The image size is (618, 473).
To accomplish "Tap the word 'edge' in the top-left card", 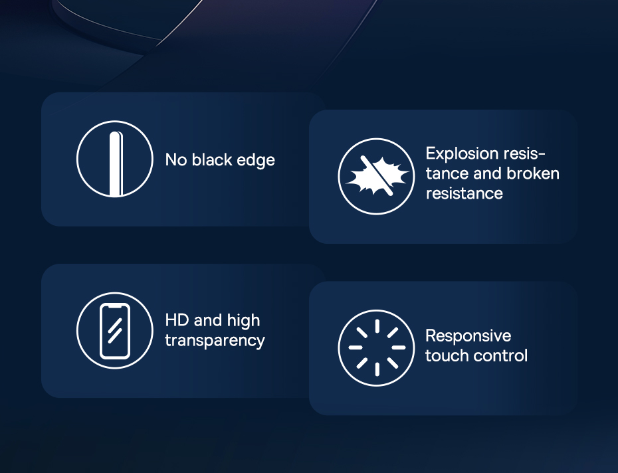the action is click(x=256, y=161).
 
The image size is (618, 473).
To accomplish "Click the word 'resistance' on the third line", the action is click(x=464, y=193).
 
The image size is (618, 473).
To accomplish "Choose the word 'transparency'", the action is click(x=215, y=341).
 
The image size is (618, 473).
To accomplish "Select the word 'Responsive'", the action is click(x=468, y=336).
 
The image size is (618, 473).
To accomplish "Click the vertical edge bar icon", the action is click(x=116, y=164).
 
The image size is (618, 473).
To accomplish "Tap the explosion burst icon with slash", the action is click(x=376, y=176).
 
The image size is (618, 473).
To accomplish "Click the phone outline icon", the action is click(x=115, y=331).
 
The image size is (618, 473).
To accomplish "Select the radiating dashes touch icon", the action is click(x=377, y=347).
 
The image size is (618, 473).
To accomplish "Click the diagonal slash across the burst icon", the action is click(x=376, y=175).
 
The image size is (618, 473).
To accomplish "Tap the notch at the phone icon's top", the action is click(x=115, y=306).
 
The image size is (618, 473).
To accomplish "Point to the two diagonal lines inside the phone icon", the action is click(x=115, y=331).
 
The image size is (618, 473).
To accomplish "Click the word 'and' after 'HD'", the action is click(x=208, y=320).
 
